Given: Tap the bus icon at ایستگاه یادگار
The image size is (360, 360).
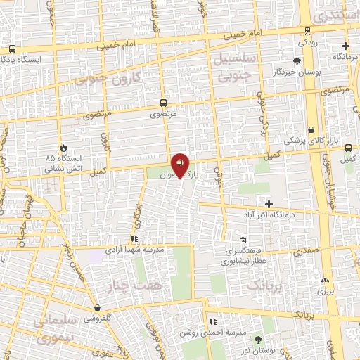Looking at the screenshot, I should pos(12,49).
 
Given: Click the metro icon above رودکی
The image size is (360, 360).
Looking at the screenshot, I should pos(308,30).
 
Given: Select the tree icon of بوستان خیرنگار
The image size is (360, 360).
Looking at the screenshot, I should pos(298,61).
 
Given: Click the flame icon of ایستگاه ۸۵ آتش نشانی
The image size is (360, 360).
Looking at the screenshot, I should pos(64,148).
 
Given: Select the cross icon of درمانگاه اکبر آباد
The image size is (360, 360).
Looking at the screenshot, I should pos(269,203).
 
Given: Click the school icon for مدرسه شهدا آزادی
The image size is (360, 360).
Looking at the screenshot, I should pos(133,239).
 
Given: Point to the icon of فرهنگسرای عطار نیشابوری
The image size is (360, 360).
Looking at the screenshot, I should pos(243,240).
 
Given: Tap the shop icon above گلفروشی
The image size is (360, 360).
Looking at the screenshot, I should pos(97,308).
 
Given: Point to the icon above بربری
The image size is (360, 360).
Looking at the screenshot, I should pos(324,279).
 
